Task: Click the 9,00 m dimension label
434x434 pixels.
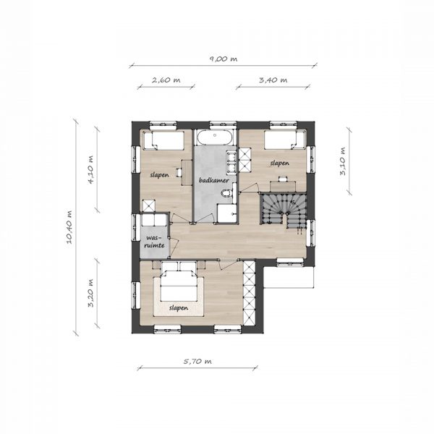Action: (x=223, y=59)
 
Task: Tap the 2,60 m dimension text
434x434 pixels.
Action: (x=166, y=80)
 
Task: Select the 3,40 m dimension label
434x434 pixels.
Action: (x=273, y=80)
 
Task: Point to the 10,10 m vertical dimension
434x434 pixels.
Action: (x=69, y=227)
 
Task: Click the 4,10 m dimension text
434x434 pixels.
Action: (x=90, y=170)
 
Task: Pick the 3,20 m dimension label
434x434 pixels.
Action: (x=90, y=293)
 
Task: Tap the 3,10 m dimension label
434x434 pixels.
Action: (x=343, y=161)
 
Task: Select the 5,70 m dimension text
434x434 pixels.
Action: (x=197, y=362)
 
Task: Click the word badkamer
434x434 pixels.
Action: (x=214, y=180)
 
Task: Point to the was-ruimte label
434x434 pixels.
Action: (x=155, y=242)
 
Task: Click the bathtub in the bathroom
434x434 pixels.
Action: (x=215, y=136)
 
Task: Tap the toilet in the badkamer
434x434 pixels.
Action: (x=227, y=193)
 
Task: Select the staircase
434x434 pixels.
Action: (x=283, y=209)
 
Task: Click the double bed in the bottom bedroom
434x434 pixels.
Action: (x=179, y=285)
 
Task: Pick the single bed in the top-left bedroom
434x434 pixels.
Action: (x=163, y=140)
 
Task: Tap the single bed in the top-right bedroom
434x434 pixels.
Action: (x=284, y=140)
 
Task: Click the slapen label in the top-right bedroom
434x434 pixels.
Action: (x=280, y=163)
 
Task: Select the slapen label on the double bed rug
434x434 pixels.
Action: (x=179, y=308)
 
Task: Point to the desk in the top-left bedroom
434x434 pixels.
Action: (x=187, y=172)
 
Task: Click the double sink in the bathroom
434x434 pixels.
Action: (x=231, y=161)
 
